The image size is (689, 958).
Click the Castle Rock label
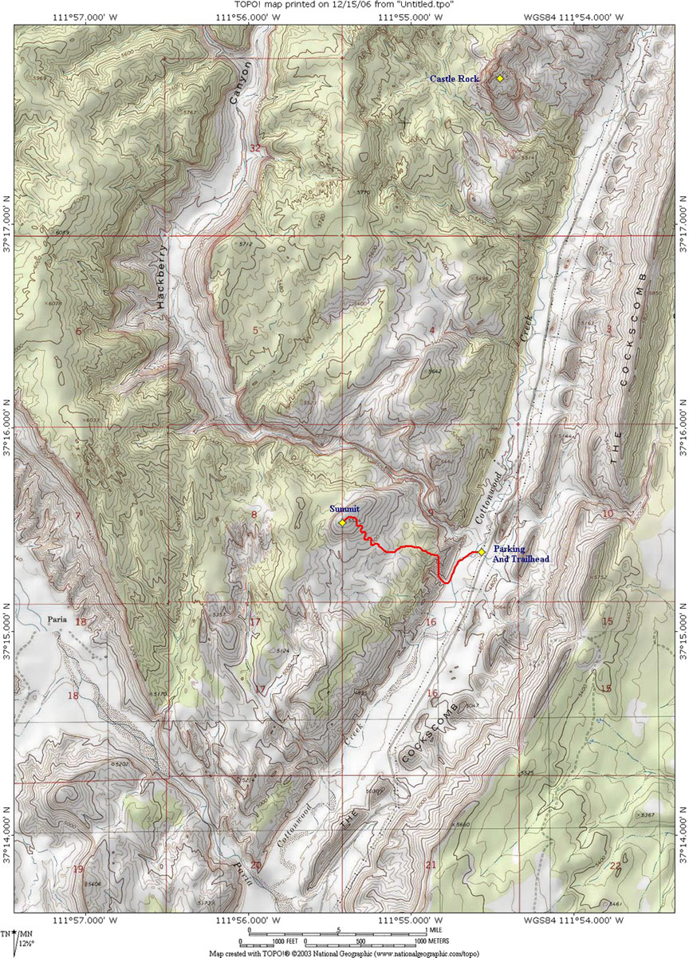[454, 78]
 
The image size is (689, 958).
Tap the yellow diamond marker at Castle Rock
[500, 78]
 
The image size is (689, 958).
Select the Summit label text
[344, 508]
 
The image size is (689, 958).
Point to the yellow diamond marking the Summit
[342, 522]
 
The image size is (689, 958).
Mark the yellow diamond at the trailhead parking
[482, 551]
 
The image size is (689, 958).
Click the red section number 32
[254, 148]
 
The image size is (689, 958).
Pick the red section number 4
[431, 329]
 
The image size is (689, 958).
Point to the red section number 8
[254, 514]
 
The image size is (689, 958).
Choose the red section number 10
[608, 513]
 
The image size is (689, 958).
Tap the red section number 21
[431, 865]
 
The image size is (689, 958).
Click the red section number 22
[615, 865]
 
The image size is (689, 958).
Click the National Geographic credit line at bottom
[344, 952]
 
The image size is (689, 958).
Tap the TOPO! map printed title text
[344, 5]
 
